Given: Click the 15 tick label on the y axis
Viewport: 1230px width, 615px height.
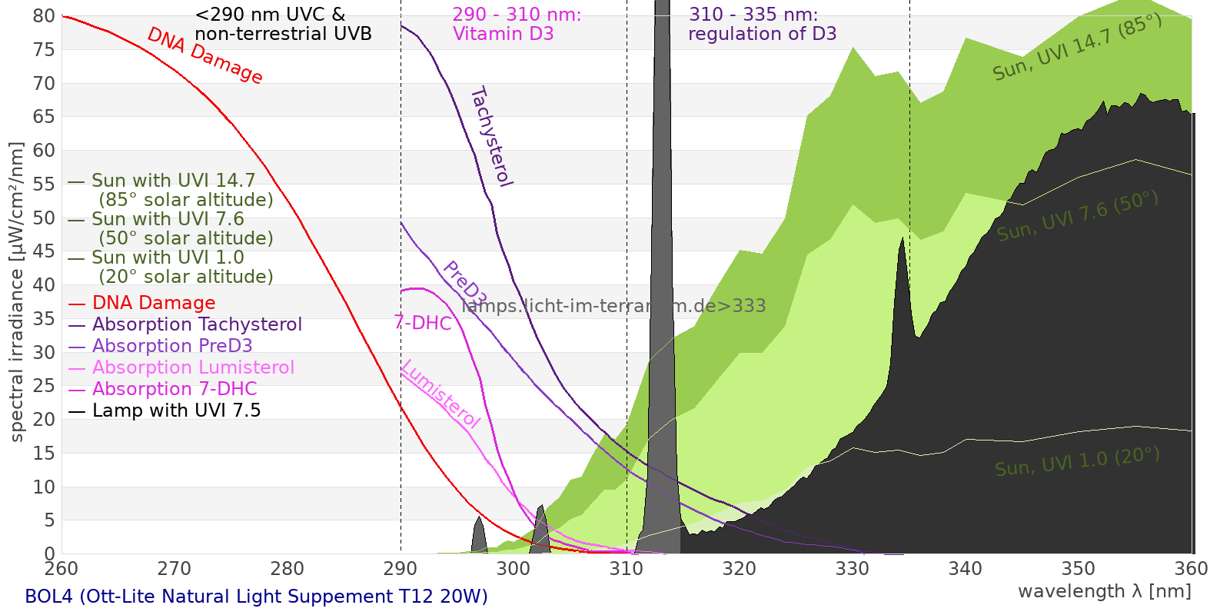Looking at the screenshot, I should click(x=45, y=454).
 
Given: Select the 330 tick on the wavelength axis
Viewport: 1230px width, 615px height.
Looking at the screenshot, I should click(x=853, y=569).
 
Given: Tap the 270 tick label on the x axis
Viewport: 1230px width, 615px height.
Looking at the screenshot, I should click(x=175, y=569).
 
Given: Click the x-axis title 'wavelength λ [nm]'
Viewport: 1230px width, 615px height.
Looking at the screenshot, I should click(x=1105, y=591).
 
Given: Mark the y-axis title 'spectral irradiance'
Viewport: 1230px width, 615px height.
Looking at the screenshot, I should click(x=17, y=292).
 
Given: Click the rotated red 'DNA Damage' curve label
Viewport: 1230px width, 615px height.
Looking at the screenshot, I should click(x=204, y=55).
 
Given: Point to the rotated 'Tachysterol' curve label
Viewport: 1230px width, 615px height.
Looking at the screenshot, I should click(x=490, y=137).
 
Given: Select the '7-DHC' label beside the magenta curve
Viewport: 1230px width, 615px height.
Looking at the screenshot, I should click(x=423, y=323).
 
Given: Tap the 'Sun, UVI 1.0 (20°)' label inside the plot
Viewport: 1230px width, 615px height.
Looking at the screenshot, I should click(x=1077, y=462).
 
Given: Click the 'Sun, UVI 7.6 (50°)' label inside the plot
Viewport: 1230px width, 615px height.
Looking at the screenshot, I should click(x=1077, y=216).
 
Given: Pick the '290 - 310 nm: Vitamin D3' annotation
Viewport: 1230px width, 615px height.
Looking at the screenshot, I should click(x=517, y=25).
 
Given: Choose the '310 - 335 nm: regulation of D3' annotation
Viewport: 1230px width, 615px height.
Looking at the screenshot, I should click(x=762, y=25).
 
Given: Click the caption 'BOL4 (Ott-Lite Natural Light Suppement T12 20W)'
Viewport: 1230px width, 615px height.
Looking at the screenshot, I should click(x=256, y=597).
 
